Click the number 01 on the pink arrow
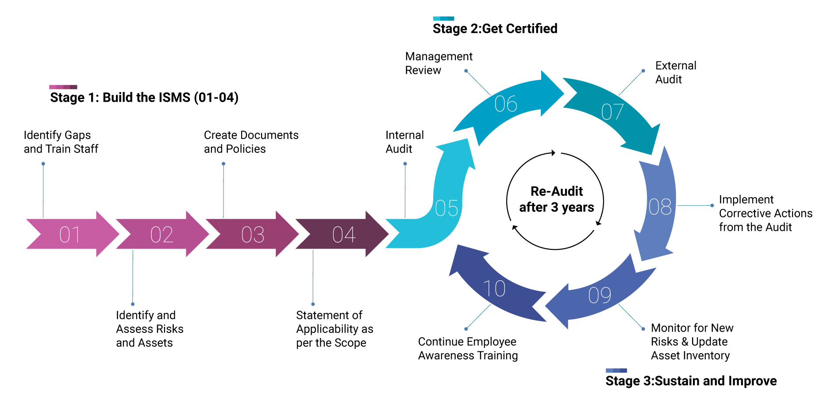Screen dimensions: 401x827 point(70,235)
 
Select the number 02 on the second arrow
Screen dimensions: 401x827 point(162,235)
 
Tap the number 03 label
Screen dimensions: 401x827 point(253,235)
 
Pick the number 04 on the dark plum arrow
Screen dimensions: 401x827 point(344,235)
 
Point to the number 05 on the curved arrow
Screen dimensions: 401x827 point(446,208)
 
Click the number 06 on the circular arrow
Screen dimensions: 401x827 point(506,104)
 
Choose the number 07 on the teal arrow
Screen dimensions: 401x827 point(612,112)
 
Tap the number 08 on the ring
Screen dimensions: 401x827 point(660,207)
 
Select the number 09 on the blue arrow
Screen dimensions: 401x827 point(600,295)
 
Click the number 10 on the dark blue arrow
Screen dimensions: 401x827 point(494,289)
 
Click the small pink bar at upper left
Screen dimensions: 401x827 point(63,87)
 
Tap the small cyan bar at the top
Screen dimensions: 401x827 point(443,19)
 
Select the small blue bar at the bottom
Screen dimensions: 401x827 point(616,370)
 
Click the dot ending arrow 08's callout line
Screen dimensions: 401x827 point(712,206)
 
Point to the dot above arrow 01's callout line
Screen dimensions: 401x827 point(43,164)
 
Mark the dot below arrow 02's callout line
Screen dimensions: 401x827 point(133,304)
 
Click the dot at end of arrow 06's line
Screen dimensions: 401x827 point(466,71)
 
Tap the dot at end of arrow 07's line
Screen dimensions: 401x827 point(643,71)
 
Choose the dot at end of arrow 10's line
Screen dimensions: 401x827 point(466,329)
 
